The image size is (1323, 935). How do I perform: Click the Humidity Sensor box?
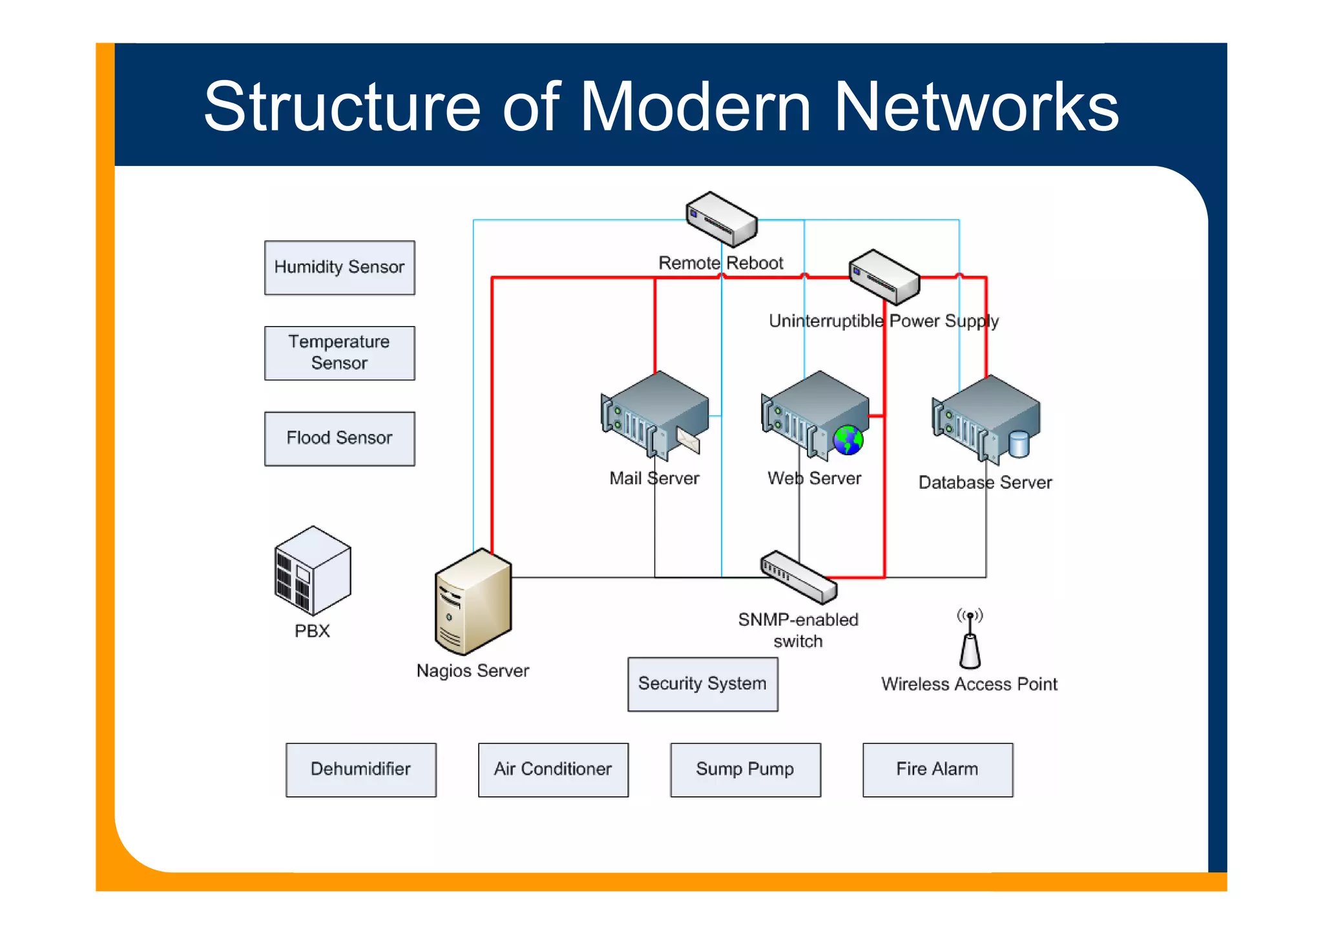(339, 267)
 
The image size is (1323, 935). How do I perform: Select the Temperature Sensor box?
(339, 353)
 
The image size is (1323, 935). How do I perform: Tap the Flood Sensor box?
(339, 438)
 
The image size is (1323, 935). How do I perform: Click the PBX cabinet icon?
(313, 571)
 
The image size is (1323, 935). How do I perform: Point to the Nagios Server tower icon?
(473, 602)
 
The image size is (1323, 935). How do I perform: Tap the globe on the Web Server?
(848, 440)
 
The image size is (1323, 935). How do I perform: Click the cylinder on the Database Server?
(1019, 444)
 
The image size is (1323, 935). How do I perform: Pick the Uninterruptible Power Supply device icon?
(884, 277)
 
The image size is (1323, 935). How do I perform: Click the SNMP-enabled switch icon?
(798, 577)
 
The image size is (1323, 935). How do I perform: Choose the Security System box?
(702, 684)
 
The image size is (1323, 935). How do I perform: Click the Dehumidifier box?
(360, 769)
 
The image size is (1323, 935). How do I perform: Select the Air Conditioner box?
(553, 769)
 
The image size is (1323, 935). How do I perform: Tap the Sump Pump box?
(745, 769)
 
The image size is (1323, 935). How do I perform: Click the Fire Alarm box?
(937, 769)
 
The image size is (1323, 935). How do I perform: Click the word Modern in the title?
(695, 107)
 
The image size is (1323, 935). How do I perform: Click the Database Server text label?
(984, 482)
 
